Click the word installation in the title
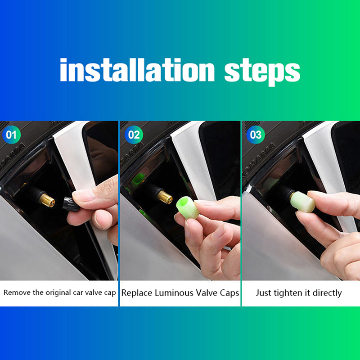coord(137,70)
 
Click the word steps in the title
coord(262,72)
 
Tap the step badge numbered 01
coord(12,135)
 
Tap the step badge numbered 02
coord(134,135)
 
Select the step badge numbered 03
coord(256,135)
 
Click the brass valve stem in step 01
coord(47,200)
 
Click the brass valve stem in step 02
coord(165,197)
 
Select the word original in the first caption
coord(58,293)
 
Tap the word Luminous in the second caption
coord(174,293)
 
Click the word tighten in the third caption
coord(285,293)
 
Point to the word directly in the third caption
coord(327,293)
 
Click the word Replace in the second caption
coord(137,293)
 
